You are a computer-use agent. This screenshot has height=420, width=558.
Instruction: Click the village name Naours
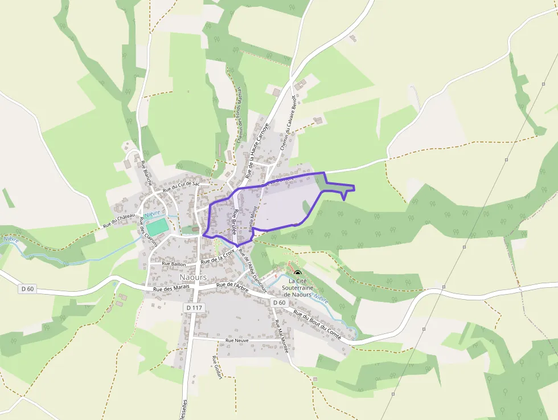click(192, 277)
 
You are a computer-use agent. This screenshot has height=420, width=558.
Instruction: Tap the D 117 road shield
click(194, 308)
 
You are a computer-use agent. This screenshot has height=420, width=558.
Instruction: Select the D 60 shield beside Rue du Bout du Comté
click(279, 302)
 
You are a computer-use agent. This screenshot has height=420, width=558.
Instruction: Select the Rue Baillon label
click(174, 264)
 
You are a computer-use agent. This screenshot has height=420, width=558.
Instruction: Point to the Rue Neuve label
click(237, 340)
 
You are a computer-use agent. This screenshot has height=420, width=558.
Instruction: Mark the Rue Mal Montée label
click(282, 336)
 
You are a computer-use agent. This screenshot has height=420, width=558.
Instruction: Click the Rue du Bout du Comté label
click(317, 325)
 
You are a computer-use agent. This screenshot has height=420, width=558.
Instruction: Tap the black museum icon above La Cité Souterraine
click(297, 274)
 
